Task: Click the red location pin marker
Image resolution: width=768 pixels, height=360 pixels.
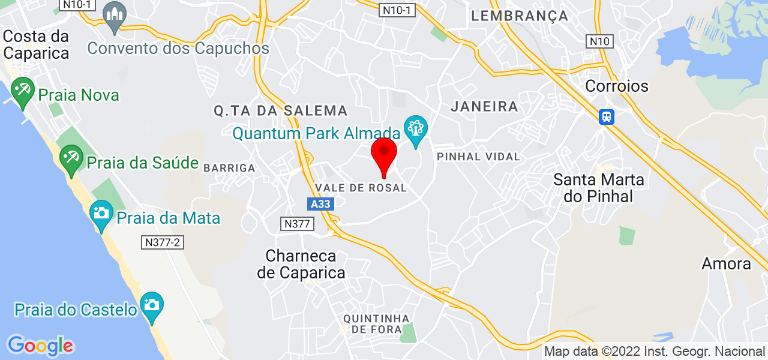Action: [x=384, y=155]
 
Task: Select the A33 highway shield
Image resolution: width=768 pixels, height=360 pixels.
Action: [x=320, y=204]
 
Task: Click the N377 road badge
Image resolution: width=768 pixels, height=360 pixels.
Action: [x=297, y=224]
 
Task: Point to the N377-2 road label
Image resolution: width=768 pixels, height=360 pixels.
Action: [x=162, y=242]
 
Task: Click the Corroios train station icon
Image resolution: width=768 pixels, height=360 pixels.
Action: [x=607, y=116]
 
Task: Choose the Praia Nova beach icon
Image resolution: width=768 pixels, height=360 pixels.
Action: [x=23, y=91]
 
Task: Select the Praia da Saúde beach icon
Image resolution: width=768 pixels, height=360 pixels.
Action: [x=71, y=159]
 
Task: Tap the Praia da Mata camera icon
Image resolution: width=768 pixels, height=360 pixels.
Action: [x=101, y=214]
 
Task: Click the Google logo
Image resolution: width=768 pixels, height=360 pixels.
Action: [x=40, y=346]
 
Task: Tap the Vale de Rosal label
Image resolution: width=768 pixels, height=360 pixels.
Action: [x=361, y=188]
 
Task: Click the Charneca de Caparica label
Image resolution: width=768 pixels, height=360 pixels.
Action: [x=301, y=265]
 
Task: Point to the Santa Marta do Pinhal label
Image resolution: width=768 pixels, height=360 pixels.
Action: [x=599, y=188]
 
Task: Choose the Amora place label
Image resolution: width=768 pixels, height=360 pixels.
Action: [x=727, y=264]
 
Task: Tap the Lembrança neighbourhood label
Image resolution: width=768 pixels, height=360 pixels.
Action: [x=520, y=16]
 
